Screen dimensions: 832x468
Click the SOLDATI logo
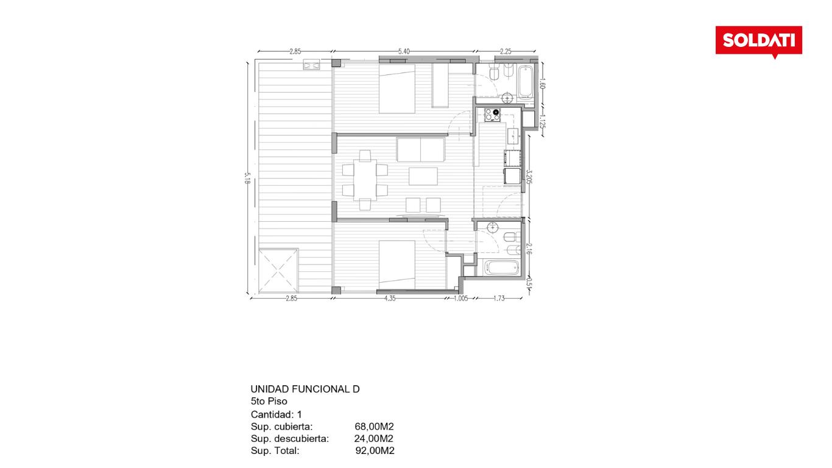[x=758, y=41]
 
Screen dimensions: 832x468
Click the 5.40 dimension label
[x=404, y=51]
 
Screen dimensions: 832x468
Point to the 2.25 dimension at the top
[x=506, y=51]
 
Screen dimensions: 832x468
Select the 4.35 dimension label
[x=390, y=298]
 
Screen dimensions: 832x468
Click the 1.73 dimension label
[x=499, y=298]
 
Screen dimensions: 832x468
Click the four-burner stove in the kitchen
[x=492, y=115]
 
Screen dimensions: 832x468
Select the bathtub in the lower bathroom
[x=501, y=268]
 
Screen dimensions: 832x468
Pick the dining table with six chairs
[x=365, y=180]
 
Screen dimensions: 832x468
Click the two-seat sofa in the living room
[x=420, y=149]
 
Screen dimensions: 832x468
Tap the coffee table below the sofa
[x=423, y=176]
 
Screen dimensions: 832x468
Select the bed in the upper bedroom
[x=397, y=89]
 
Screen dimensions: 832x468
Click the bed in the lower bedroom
[x=397, y=265]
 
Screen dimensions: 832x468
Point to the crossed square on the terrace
[x=278, y=271]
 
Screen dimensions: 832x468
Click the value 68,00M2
[x=374, y=427]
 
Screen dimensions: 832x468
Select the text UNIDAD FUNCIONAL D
[x=305, y=389]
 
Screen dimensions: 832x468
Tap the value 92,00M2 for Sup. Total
[x=375, y=451]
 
